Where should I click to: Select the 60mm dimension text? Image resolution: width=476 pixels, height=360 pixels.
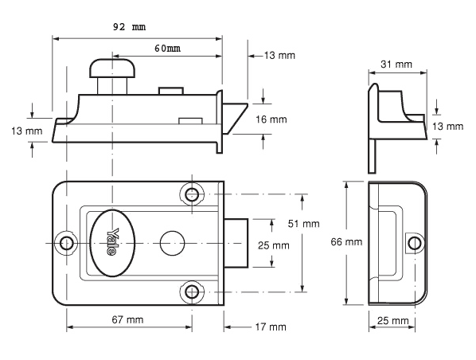pyautogui.click(x=167, y=49)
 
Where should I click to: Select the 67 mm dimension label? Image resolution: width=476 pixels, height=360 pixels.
pyautogui.click(x=127, y=319)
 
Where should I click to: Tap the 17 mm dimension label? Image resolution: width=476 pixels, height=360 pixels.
pyautogui.click(x=269, y=327)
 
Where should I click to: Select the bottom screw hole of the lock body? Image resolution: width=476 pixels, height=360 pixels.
pyautogui.click(x=190, y=292)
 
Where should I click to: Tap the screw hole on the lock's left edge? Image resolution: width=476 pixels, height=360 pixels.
pyautogui.click(x=66, y=241)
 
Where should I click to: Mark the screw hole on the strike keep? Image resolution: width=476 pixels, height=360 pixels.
pyautogui.click(x=412, y=241)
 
